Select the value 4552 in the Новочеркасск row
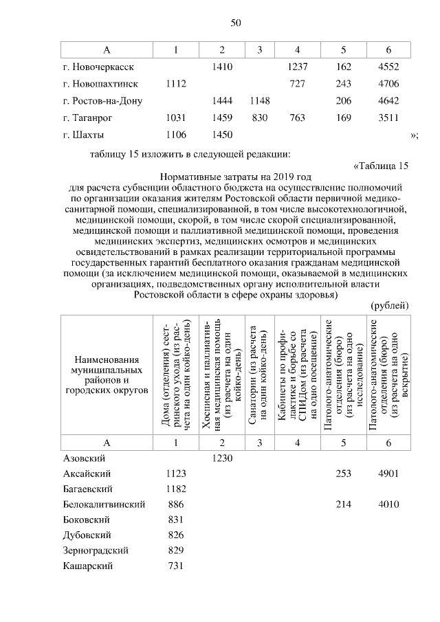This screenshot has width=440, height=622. (388, 67)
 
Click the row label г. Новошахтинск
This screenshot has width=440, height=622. (100, 84)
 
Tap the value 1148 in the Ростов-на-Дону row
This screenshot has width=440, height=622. (259, 101)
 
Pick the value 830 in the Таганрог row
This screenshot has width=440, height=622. (259, 118)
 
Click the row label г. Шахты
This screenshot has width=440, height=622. (83, 135)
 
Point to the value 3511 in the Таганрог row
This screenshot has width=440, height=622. (388, 118)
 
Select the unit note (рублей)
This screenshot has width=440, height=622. (389, 304)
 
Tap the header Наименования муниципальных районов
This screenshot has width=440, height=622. (106, 375)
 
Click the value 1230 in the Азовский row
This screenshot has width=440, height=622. (222, 457)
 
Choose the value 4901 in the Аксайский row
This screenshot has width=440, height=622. (388, 474)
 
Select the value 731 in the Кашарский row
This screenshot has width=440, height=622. (177, 566)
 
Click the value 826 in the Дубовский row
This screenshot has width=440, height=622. (177, 535)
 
